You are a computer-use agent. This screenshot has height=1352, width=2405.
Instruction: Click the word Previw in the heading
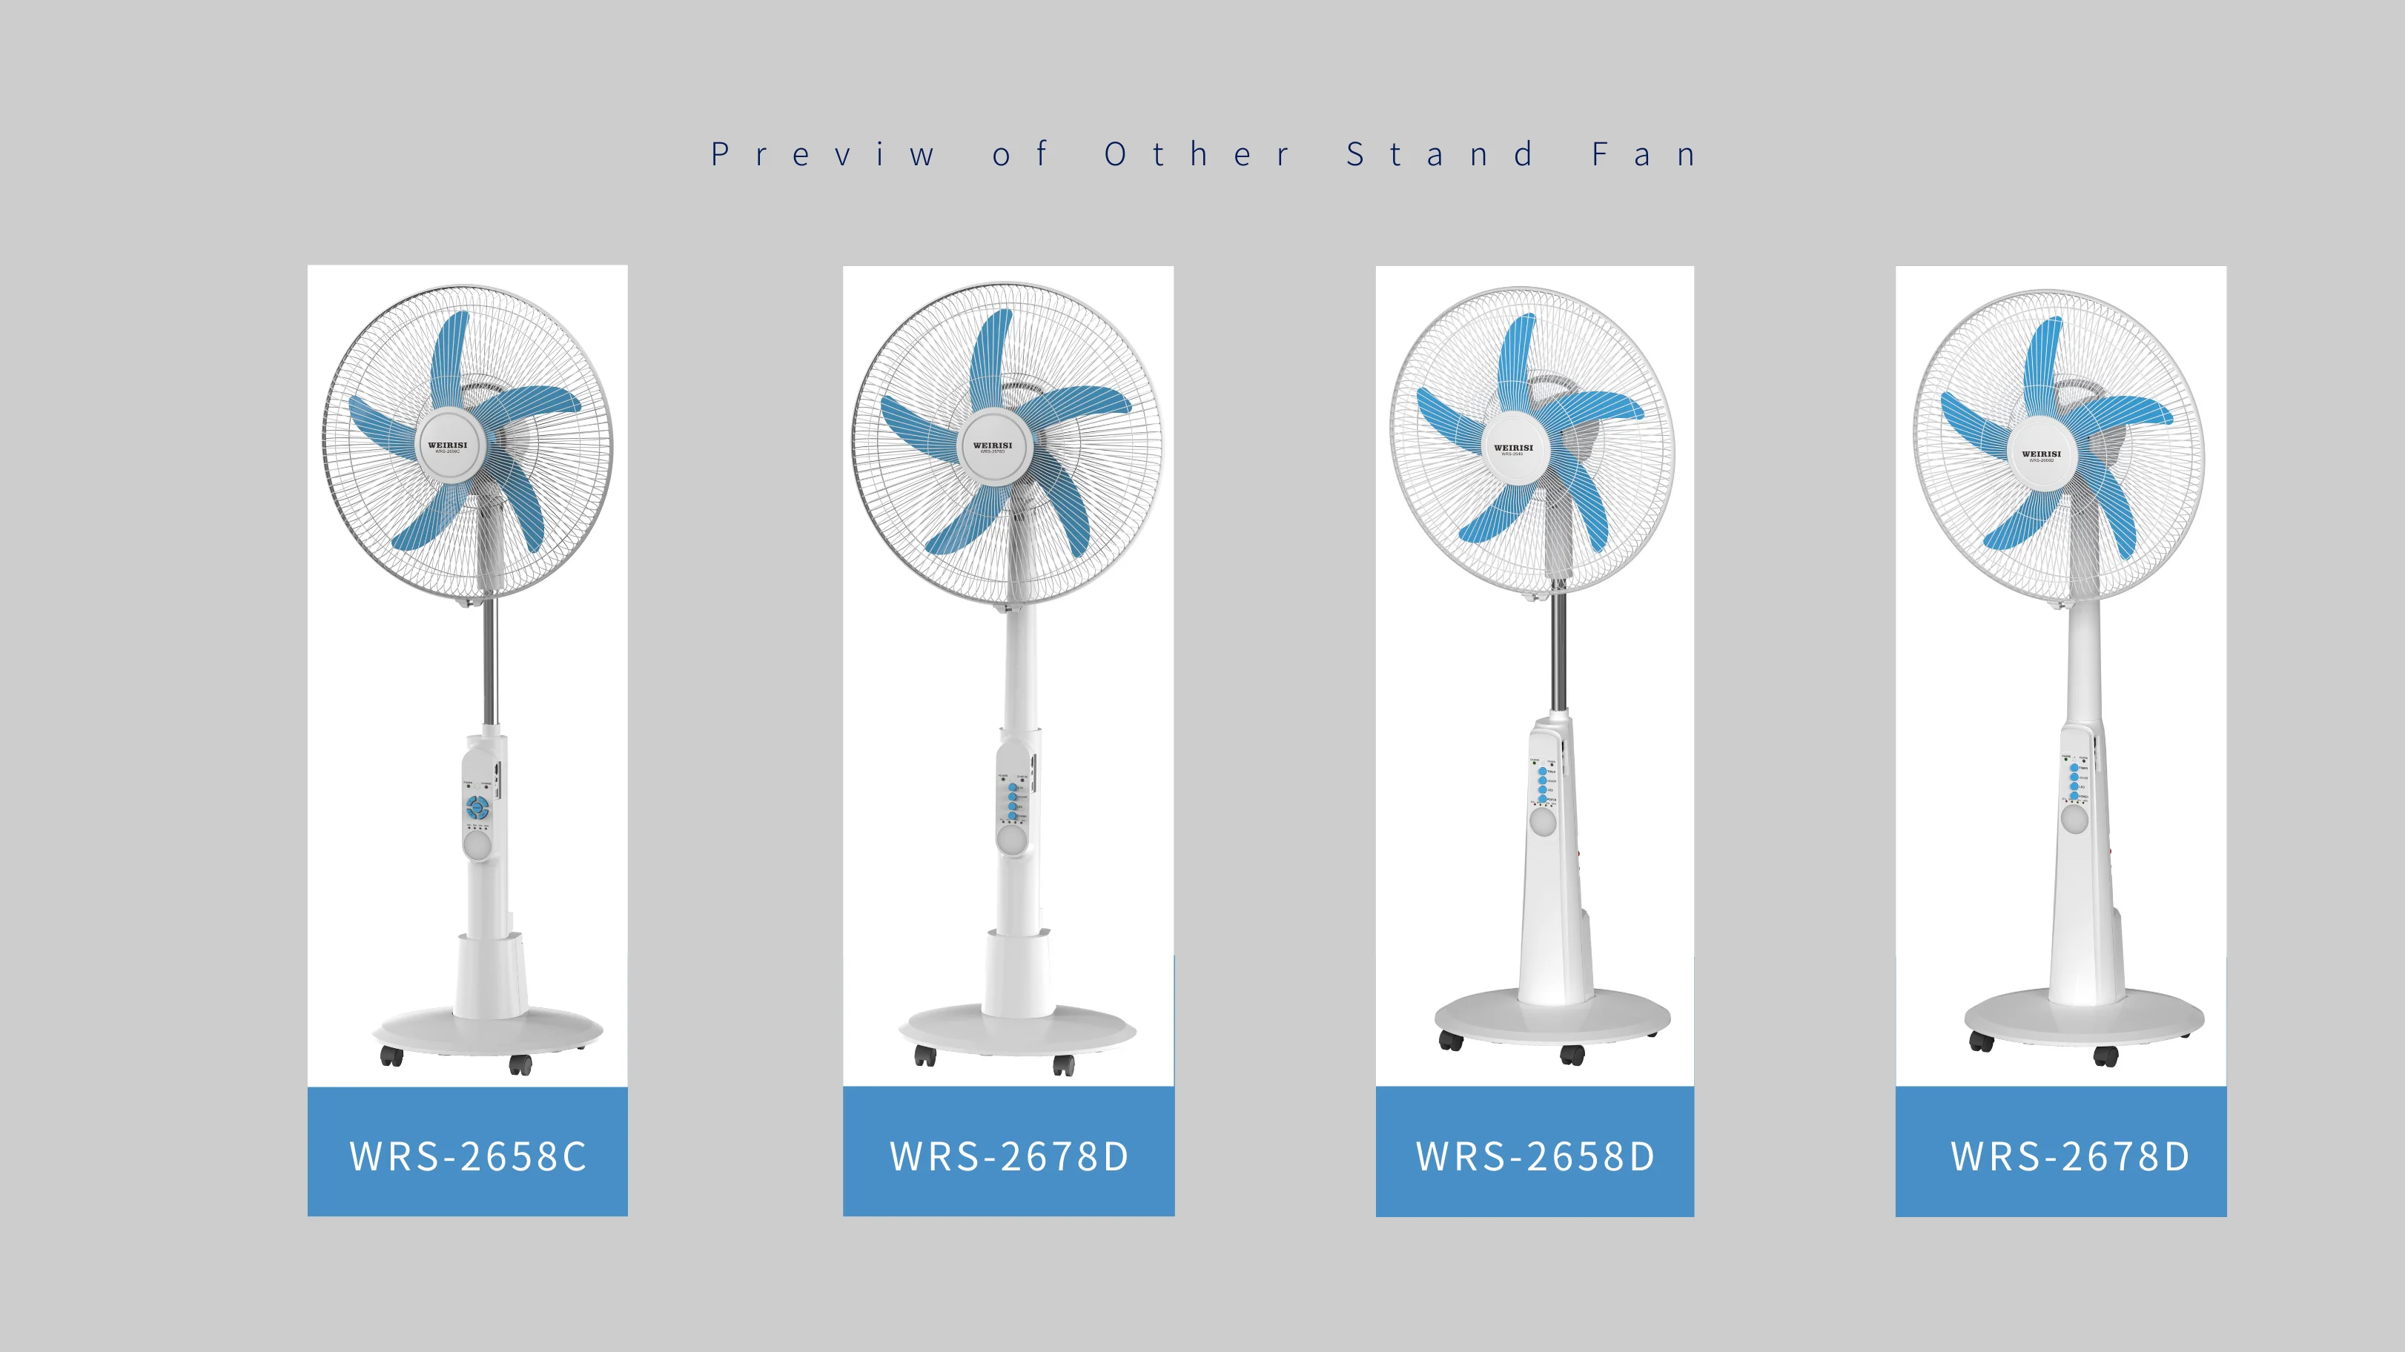(821, 154)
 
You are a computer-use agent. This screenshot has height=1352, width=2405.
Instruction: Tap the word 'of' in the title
(1019, 154)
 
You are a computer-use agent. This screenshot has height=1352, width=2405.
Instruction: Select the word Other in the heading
(1197, 154)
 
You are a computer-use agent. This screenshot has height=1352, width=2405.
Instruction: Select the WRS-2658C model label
(468, 1156)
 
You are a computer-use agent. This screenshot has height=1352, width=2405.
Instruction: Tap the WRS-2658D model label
(1535, 1156)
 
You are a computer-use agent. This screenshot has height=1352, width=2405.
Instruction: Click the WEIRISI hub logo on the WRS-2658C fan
(447, 445)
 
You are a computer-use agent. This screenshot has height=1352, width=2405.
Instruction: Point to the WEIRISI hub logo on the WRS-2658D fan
(1513, 448)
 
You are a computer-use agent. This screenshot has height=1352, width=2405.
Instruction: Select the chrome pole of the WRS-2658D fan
(1558, 654)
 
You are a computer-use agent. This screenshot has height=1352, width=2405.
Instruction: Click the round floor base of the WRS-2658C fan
(489, 1031)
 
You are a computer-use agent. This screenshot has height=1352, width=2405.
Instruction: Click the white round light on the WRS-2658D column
(1542, 822)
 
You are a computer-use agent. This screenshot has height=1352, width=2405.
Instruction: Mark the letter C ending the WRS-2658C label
(574, 1156)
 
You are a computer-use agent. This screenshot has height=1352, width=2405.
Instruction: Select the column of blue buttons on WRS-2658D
(1542, 785)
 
